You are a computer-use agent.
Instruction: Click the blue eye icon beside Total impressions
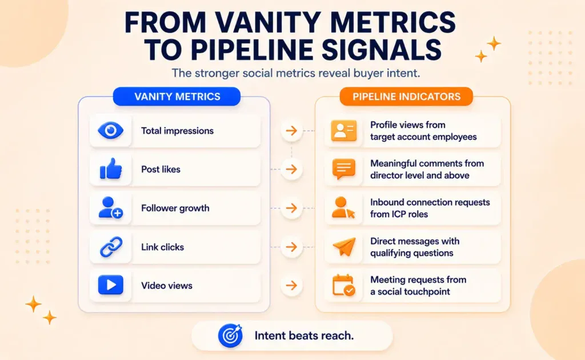pyautogui.click(x=110, y=130)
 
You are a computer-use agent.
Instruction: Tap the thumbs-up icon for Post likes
pyautogui.click(x=111, y=169)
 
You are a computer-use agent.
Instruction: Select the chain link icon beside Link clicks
pyautogui.click(x=111, y=247)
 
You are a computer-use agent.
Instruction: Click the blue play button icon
pyautogui.click(x=110, y=285)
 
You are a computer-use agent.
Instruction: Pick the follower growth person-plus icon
pyautogui.click(x=110, y=208)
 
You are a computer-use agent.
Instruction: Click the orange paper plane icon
pyautogui.click(x=344, y=247)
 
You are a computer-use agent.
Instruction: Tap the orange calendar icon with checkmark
pyautogui.click(x=343, y=285)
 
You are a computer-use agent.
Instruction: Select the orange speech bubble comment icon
pyautogui.click(x=343, y=169)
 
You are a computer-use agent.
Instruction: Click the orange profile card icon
pyautogui.click(x=343, y=130)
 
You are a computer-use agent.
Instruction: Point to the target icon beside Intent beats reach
pyautogui.click(x=230, y=336)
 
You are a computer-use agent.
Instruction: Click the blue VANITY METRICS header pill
pyautogui.click(x=177, y=97)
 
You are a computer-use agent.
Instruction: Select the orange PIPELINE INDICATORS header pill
pyautogui.click(x=406, y=97)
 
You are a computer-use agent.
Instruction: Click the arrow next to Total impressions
pyautogui.click(x=291, y=130)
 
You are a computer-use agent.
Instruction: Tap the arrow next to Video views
pyautogui.click(x=291, y=285)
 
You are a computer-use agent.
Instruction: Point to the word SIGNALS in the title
pyautogui.click(x=382, y=50)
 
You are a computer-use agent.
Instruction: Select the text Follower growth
pyautogui.click(x=175, y=208)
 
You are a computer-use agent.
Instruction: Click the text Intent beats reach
pyautogui.click(x=304, y=336)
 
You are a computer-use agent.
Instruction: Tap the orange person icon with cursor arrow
pyautogui.click(x=343, y=208)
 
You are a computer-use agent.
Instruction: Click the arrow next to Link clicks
pyautogui.click(x=291, y=247)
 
